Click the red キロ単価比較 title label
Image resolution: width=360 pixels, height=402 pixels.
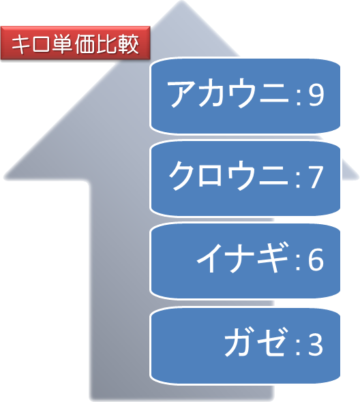[75, 43]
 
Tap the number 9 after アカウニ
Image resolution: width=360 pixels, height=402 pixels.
[316, 95]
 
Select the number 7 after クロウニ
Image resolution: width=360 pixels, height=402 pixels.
[316, 176]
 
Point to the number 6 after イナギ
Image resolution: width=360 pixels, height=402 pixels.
[316, 259]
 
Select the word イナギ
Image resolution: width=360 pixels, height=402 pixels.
[243, 258]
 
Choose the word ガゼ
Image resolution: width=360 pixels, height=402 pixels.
[255, 342]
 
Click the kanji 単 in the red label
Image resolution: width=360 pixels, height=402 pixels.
[63, 44]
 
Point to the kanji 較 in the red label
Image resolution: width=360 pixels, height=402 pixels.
[129, 44]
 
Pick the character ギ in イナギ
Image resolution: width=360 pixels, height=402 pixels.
[273, 258]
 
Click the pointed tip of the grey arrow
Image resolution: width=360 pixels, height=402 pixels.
[181, 1]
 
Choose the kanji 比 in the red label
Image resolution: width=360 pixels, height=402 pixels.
[107, 44]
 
